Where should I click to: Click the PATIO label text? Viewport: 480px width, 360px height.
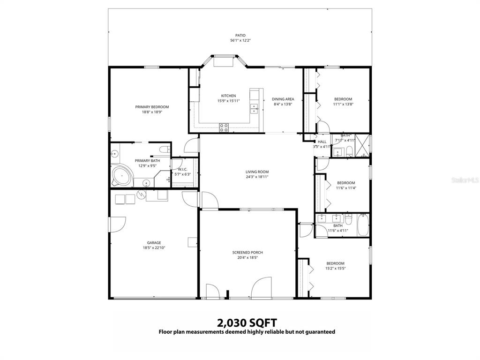pos(240,35)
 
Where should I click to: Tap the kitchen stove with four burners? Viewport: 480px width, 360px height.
pos(224,126)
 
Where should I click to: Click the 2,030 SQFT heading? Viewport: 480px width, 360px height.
pos(247,322)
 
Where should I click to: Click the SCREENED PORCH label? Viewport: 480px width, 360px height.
pos(247,252)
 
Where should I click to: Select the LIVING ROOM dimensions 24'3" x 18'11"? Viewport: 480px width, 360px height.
pos(257,177)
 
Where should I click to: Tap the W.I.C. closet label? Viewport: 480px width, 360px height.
pos(182,169)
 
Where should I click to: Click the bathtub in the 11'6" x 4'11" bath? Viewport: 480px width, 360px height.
pos(363,225)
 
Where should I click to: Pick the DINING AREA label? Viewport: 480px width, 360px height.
pos(283,99)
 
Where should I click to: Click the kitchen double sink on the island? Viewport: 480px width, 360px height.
pos(254,108)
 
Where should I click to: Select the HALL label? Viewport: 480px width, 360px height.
pos(322,142)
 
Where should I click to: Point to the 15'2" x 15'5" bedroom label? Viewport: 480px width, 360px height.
pos(335,263)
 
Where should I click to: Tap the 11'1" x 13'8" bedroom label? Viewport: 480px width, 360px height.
pos(343,99)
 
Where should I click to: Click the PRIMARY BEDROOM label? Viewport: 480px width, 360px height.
pos(152,107)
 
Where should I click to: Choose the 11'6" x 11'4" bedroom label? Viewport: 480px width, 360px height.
pos(346,183)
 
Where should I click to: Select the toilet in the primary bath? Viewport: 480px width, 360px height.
pos(164,150)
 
